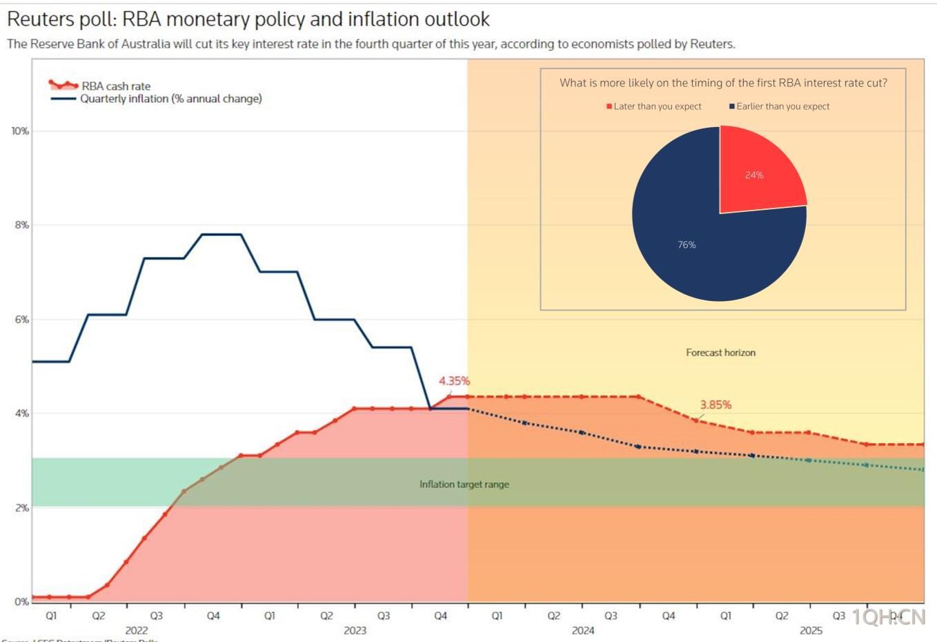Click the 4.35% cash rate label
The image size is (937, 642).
click(x=454, y=381)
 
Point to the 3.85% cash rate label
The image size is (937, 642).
click(x=716, y=405)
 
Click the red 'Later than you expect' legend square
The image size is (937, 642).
click(x=609, y=106)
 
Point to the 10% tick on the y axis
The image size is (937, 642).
click(x=20, y=131)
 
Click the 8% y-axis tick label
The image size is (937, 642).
click(x=21, y=225)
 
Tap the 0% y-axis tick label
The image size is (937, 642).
click(x=21, y=602)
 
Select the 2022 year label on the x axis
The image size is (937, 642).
click(x=137, y=630)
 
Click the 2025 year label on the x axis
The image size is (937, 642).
click(x=811, y=630)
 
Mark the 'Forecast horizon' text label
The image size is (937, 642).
click(x=720, y=353)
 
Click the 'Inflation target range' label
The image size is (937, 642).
click(x=464, y=485)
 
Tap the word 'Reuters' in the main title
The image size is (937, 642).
click(x=41, y=19)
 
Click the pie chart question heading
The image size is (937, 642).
click(x=723, y=83)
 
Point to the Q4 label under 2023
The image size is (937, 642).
click(x=440, y=616)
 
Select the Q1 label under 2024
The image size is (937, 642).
click(x=497, y=616)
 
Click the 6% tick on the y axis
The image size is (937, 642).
click(x=21, y=320)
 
